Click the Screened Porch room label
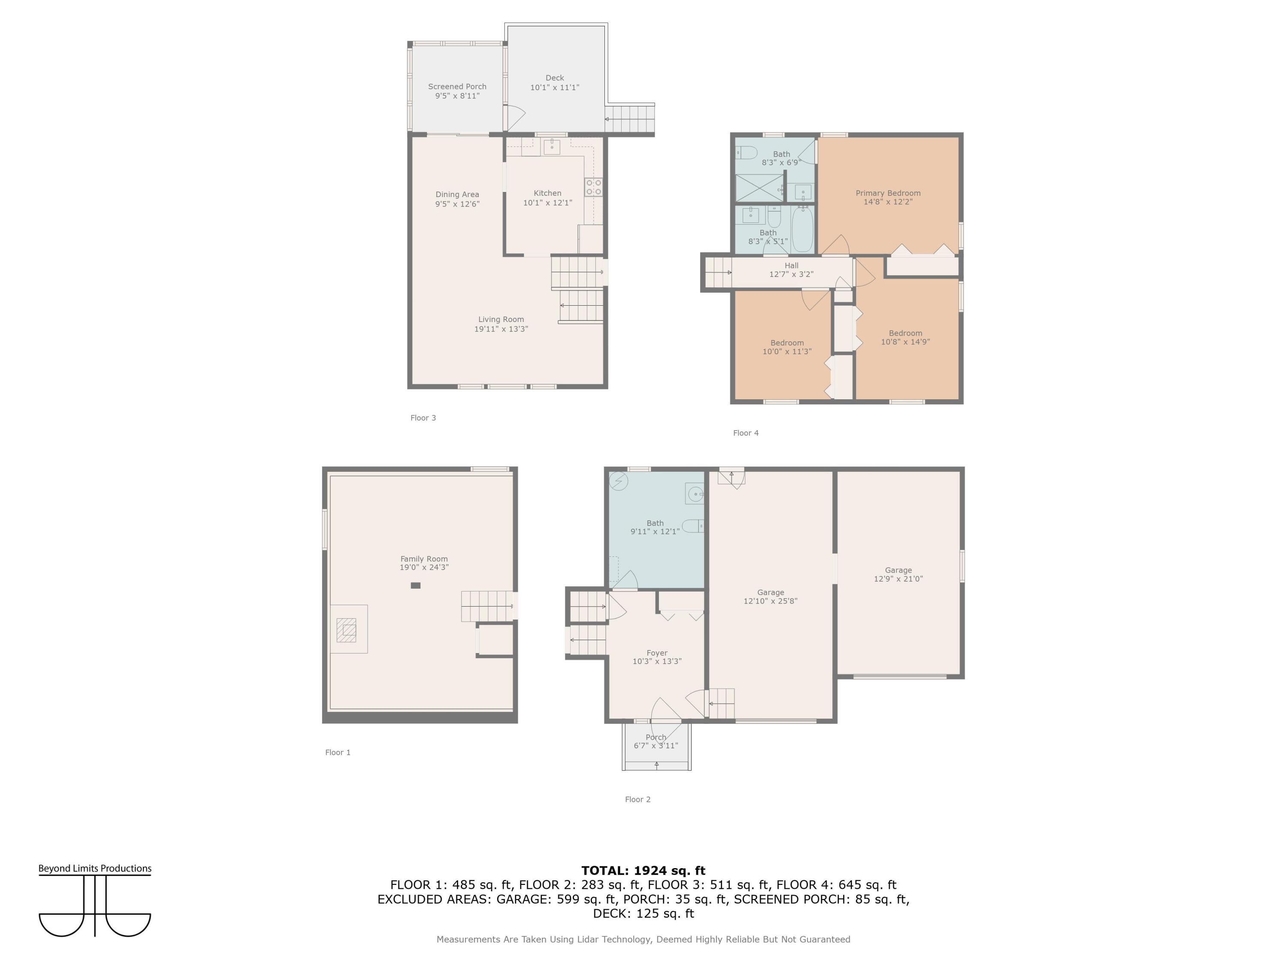(457, 86)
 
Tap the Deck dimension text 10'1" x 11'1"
(554, 87)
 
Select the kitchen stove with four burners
(593, 187)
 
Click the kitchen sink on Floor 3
(552, 147)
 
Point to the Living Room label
(501, 319)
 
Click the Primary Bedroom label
(888, 193)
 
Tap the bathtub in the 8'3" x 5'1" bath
(802, 229)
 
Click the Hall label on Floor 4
(791, 265)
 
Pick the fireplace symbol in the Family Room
(347, 630)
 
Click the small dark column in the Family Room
(415, 585)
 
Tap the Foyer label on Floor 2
(657, 653)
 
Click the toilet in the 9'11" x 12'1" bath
(692, 526)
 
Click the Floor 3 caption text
(423, 417)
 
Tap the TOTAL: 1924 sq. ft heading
(643, 871)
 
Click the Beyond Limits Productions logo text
(95, 868)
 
